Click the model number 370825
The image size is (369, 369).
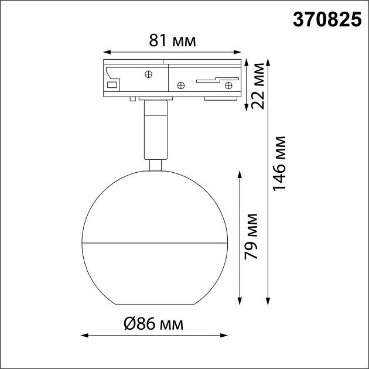coord(327,20)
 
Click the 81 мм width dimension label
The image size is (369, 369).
coord(172,41)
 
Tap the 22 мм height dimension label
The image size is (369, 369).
coord(258,86)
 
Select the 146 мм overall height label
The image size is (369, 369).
coord(279,163)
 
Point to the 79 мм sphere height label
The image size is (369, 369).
coord(251,237)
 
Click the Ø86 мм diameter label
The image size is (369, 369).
coord(153,324)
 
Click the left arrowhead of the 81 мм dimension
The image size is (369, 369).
coord(107,52)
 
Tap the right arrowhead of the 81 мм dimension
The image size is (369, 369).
coord(237,52)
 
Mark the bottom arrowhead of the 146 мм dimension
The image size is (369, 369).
coord(268,302)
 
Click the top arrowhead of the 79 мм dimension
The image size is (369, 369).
coord(240,175)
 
